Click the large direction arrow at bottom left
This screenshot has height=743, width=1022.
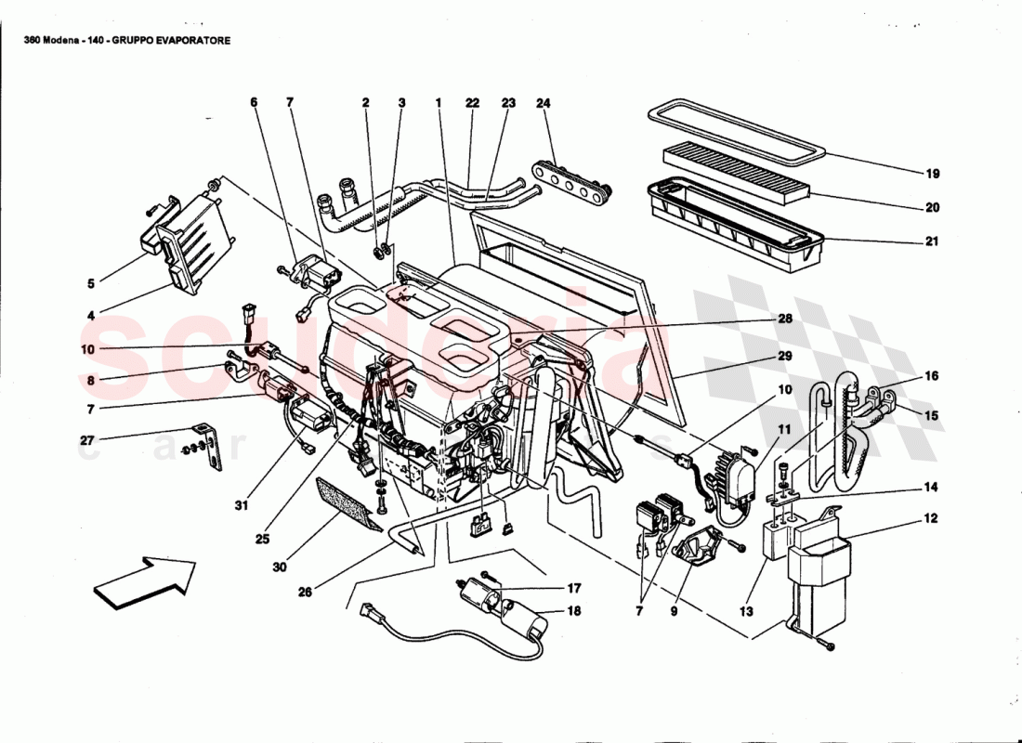(x=144, y=582)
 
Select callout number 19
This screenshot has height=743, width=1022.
(x=932, y=174)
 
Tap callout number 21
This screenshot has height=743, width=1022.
(x=932, y=241)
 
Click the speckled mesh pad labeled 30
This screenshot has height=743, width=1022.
(x=347, y=502)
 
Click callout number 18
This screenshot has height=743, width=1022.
(x=574, y=611)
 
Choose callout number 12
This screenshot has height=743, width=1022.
(x=931, y=518)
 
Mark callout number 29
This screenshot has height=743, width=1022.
(x=785, y=356)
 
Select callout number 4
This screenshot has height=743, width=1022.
(x=91, y=316)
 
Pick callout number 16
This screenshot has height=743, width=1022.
(x=931, y=376)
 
